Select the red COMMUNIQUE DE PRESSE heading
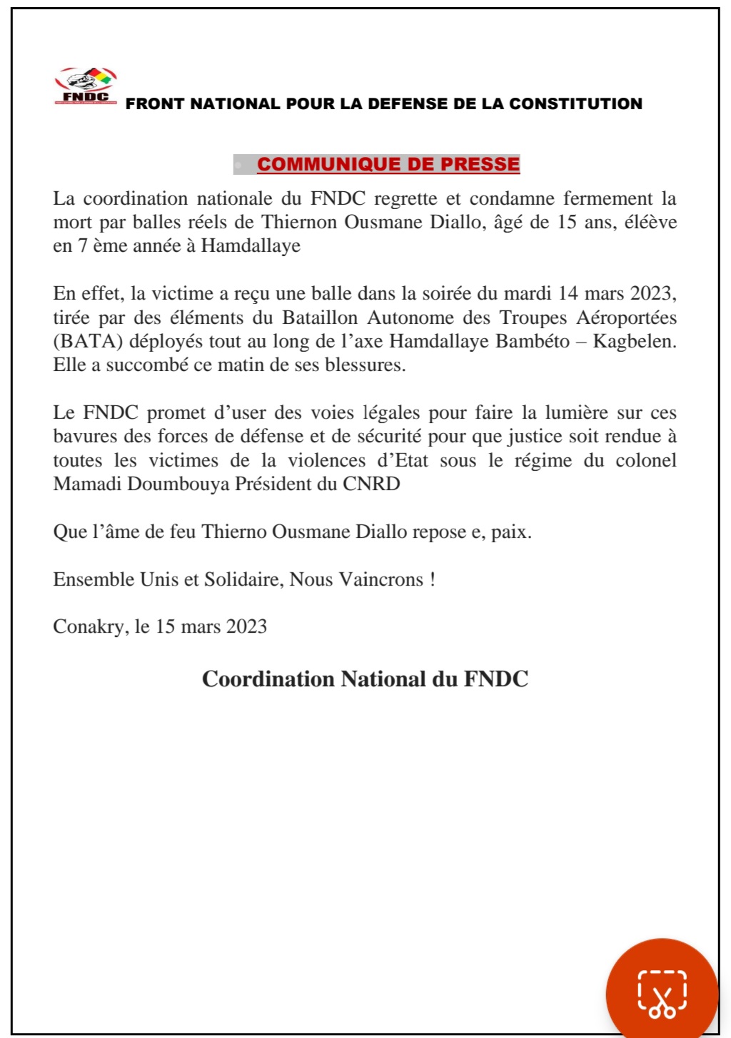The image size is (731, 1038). (x=388, y=164)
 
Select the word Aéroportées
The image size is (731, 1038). (x=626, y=317)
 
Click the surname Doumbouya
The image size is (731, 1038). (x=177, y=484)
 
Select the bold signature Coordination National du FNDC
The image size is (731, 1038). (x=365, y=678)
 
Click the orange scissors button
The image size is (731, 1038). (x=662, y=992)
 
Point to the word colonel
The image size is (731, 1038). (x=646, y=460)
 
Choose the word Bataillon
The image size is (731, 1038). (x=320, y=317)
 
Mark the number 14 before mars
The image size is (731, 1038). (x=568, y=293)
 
